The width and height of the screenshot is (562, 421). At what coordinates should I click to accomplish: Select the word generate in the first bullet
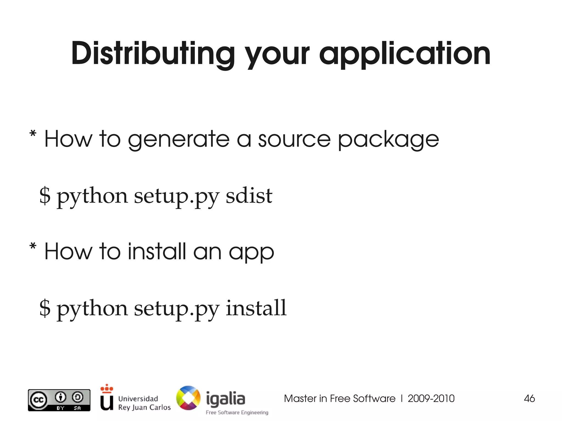click(179, 139)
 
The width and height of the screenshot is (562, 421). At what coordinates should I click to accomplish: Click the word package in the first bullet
click(388, 139)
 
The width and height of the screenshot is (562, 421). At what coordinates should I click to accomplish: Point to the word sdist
click(249, 196)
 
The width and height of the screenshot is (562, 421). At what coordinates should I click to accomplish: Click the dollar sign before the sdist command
click(45, 195)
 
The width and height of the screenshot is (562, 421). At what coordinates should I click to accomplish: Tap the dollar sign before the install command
click(45, 308)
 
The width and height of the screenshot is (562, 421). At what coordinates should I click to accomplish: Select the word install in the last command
click(256, 308)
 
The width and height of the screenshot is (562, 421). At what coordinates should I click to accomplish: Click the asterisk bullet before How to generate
click(33, 134)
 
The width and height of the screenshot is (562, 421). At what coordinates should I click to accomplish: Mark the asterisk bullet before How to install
click(33, 246)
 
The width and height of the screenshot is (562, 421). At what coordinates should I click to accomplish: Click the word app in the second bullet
click(251, 252)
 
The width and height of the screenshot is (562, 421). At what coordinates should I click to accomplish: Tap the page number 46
click(529, 399)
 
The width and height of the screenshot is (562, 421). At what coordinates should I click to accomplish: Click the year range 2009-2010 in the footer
click(431, 399)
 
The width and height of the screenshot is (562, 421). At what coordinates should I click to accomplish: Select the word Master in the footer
click(300, 399)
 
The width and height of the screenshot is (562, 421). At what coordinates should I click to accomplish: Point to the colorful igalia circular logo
click(188, 398)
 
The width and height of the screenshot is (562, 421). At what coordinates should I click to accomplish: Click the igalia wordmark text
click(225, 399)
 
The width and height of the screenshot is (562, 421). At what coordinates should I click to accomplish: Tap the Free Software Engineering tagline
click(237, 412)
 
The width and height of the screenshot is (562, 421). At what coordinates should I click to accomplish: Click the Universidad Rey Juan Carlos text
click(144, 403)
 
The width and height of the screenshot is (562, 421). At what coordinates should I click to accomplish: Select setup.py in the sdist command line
click(176, 196)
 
